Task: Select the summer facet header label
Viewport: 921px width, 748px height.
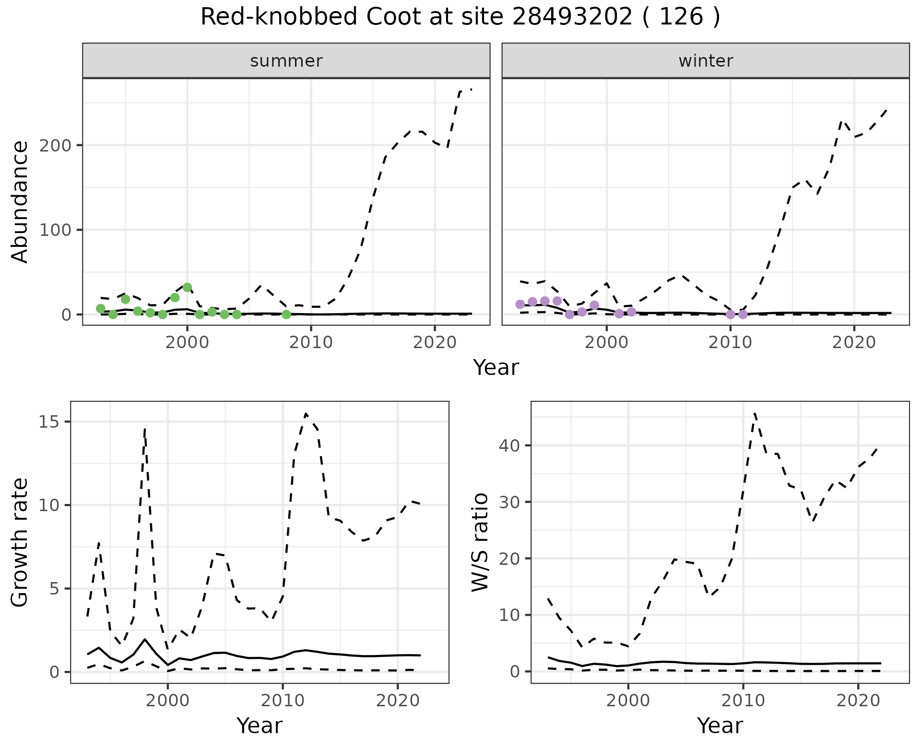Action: point(286,61)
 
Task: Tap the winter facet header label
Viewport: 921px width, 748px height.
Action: point(705,61)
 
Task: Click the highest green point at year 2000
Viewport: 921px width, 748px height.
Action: point(188,288)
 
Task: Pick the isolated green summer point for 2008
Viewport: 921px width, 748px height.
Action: point(286,315)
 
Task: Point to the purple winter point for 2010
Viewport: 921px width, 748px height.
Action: point(730,315)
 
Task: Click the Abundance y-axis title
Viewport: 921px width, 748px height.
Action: point(20,202)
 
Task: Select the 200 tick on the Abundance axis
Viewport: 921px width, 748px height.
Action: point(54,145)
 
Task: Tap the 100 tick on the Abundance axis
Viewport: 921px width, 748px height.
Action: point(54,230)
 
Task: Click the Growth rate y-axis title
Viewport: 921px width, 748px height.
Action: point(20,543)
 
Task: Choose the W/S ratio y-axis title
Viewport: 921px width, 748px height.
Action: point(480,543)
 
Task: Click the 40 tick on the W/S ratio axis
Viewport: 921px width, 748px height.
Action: point(508,446)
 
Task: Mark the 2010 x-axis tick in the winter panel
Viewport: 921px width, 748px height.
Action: point(730,342)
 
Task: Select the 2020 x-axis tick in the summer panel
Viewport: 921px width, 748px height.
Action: point(435,342)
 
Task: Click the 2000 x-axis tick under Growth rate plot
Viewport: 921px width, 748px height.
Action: point(167,701)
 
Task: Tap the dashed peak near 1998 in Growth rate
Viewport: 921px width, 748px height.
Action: point(144,429)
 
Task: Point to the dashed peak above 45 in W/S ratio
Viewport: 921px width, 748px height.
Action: point(755,413)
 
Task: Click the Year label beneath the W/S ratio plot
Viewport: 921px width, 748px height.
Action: point(720,725)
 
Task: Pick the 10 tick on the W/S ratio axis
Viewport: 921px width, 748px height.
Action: point(508,615)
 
